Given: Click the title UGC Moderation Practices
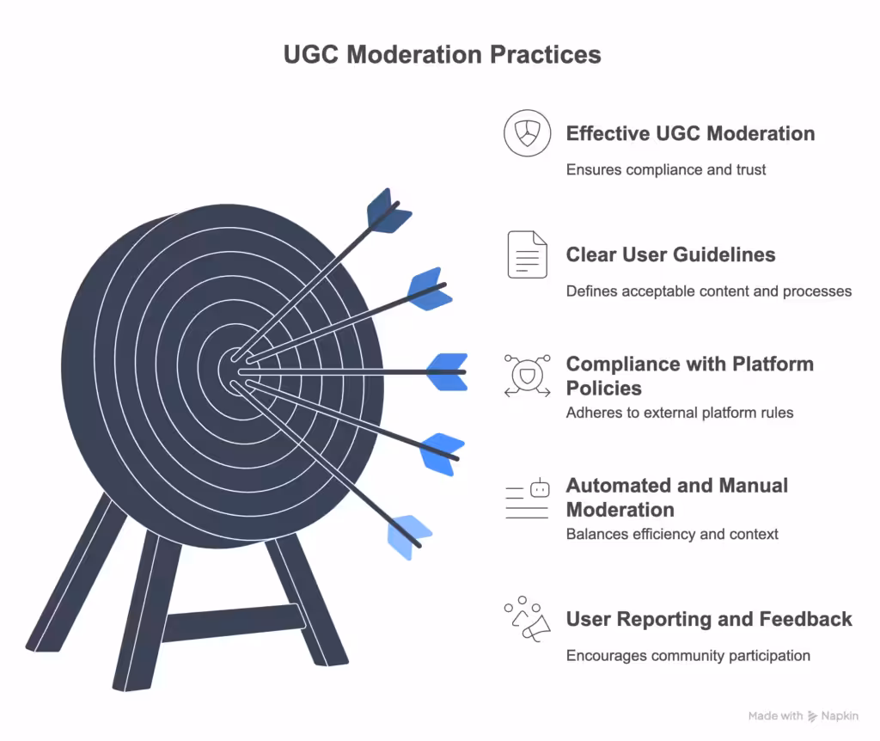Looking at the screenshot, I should pyautogui.click(x=442, y=54).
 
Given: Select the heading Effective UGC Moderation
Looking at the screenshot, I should pyautogui.click(x=690, y=133).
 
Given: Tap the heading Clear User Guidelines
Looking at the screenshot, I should pyautogui.click(x=670, y=254).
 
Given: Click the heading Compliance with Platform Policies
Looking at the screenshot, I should pyautogui.click(x=689, y=376).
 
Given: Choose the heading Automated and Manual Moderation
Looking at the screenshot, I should pyautogui.click(x=676, y=497).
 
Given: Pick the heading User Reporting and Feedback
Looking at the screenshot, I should pyautogui.click(x=709, y=619).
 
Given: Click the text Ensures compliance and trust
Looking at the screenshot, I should pyautogui.click(x=665, y=169).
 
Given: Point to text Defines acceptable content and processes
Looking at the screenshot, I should pyautogui.click(x=708, y=291).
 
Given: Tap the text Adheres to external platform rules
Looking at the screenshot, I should pyautogui.click(x=679, y=413).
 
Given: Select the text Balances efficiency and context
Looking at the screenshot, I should pyautogui.click(x=672, y=534).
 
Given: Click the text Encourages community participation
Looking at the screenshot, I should pyautogui.click(x=687, y=655).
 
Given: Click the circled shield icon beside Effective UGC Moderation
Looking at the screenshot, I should pyautogui.click(x=527, y=133).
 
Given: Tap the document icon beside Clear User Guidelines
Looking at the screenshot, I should pyautogui.click(x=527, y=254).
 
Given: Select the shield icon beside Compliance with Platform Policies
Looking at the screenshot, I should pyautogui.click(x=527, y=376).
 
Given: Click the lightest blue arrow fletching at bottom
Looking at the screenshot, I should pyautogui.click(x=409, y=536).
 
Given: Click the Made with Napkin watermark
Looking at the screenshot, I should pyautogui.click(x=804, y=715).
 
